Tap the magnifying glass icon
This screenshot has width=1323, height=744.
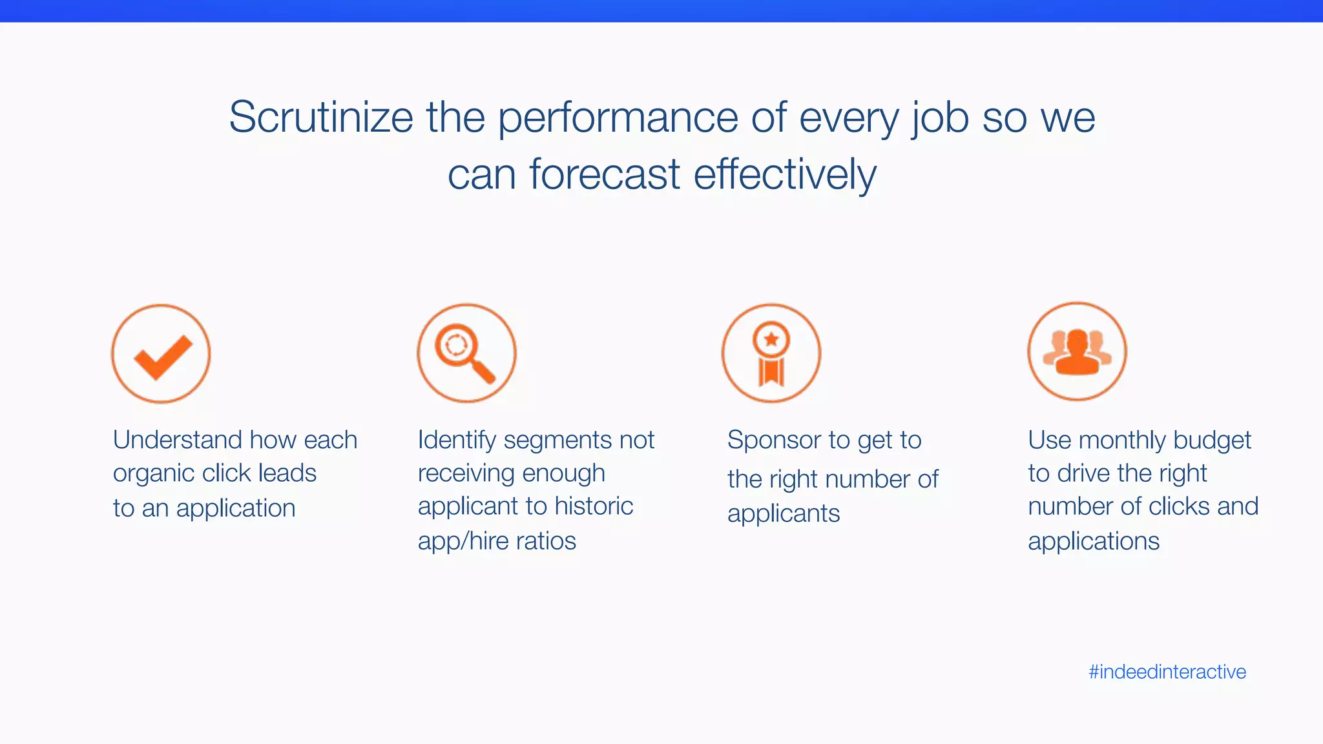tap(466, 354)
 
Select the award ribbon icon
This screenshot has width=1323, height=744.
tap(771, 354)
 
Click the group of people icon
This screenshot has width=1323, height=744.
tap(1077, 352)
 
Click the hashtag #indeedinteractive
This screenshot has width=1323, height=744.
tap(1167, 672)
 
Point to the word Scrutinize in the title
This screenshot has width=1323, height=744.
tap(321, 118)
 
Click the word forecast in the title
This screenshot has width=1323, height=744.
tap(605, 174)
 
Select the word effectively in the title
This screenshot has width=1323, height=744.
tap(785, 174)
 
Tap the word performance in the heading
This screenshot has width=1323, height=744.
tap(618, 118)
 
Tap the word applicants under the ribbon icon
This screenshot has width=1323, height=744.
tap(784, 514)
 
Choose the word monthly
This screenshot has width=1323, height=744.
tap(1122, 440)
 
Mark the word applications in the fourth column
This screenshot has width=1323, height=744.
tap(1094, 541)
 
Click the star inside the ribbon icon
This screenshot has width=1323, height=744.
tap(771, 339)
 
